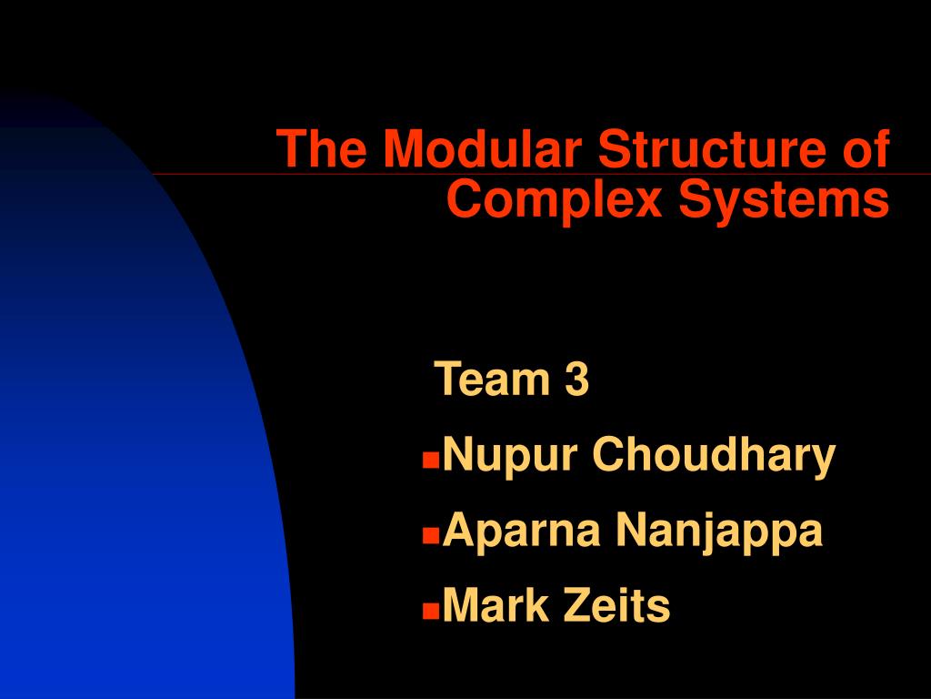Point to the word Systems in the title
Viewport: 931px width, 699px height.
tap(783, 199)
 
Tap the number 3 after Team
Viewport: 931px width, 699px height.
tap(576, 380)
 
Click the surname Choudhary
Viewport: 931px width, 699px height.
tap(714, 454)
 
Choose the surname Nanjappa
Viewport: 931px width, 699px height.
tap(718, 531)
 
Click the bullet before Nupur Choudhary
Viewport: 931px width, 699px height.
tap(429, 461)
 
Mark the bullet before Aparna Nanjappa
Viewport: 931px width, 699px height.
tap(429, 536)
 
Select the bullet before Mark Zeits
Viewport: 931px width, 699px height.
tap(429, 611)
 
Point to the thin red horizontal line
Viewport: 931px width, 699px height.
tap(209, 173)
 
